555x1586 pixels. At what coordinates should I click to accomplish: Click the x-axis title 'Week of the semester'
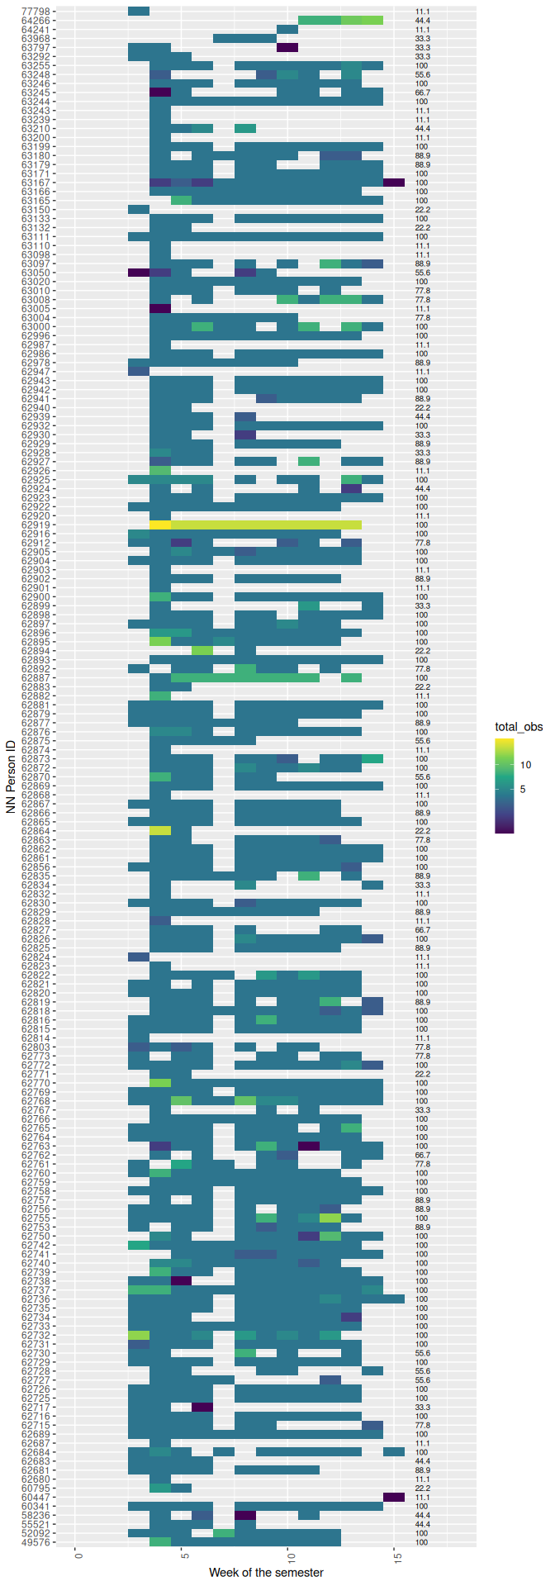[x=266, y=1572]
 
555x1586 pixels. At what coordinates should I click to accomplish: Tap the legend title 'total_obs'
[x=519, y=727]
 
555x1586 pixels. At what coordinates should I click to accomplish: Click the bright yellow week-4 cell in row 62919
[x=160, y=525]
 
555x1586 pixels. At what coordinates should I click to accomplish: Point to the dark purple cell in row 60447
[x=394, y=1497]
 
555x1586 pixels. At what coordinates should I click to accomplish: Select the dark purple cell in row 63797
[x=287, y=47]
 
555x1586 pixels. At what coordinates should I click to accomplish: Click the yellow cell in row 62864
[x=160, y=830]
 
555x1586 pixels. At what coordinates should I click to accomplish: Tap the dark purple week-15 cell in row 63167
[x=394, y=182]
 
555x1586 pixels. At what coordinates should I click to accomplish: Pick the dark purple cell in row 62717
[x=202, y=1407]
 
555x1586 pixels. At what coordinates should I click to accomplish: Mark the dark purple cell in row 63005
[x=160, y=308]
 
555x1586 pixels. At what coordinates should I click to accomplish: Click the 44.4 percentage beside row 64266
[x=423, y=20]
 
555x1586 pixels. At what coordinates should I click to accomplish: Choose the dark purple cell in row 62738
[x=181, y=1280]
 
